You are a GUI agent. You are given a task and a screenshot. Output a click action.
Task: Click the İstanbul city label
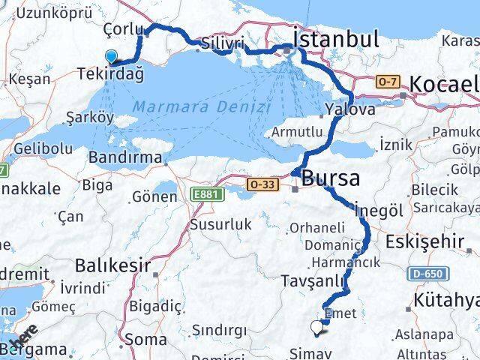336,38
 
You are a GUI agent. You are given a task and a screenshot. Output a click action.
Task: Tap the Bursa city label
330,178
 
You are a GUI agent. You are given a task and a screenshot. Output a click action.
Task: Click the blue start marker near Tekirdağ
112,56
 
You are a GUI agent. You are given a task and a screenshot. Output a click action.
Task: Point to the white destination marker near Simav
316,326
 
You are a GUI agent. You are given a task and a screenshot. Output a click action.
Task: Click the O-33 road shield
262,183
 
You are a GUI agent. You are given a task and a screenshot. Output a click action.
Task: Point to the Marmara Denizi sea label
217,107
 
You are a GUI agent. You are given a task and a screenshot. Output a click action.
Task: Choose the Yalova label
350,109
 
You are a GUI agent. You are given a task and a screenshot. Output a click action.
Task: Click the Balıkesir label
112,265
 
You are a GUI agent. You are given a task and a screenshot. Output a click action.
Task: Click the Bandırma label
124,157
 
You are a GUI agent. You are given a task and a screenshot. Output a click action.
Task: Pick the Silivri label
222,44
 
